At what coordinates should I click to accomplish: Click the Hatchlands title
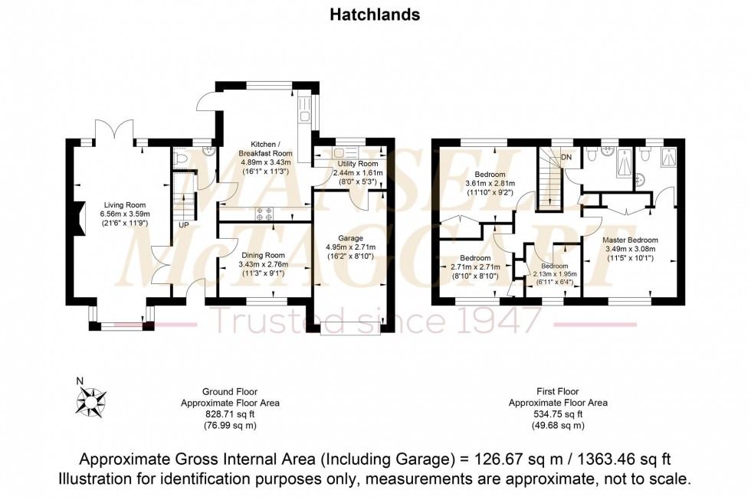click(375, 15)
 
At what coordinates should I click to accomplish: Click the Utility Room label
click(357, 164)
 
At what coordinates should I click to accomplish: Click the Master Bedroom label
click(631, 240)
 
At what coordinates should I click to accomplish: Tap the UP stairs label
click(183, 224)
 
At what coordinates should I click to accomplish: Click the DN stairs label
click(566, 157)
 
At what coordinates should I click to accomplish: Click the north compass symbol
click(93, 398)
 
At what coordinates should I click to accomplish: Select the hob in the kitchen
click(264, 217)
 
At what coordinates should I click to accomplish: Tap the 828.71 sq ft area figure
click(230, 414)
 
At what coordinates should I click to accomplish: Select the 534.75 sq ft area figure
click(558, 414)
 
